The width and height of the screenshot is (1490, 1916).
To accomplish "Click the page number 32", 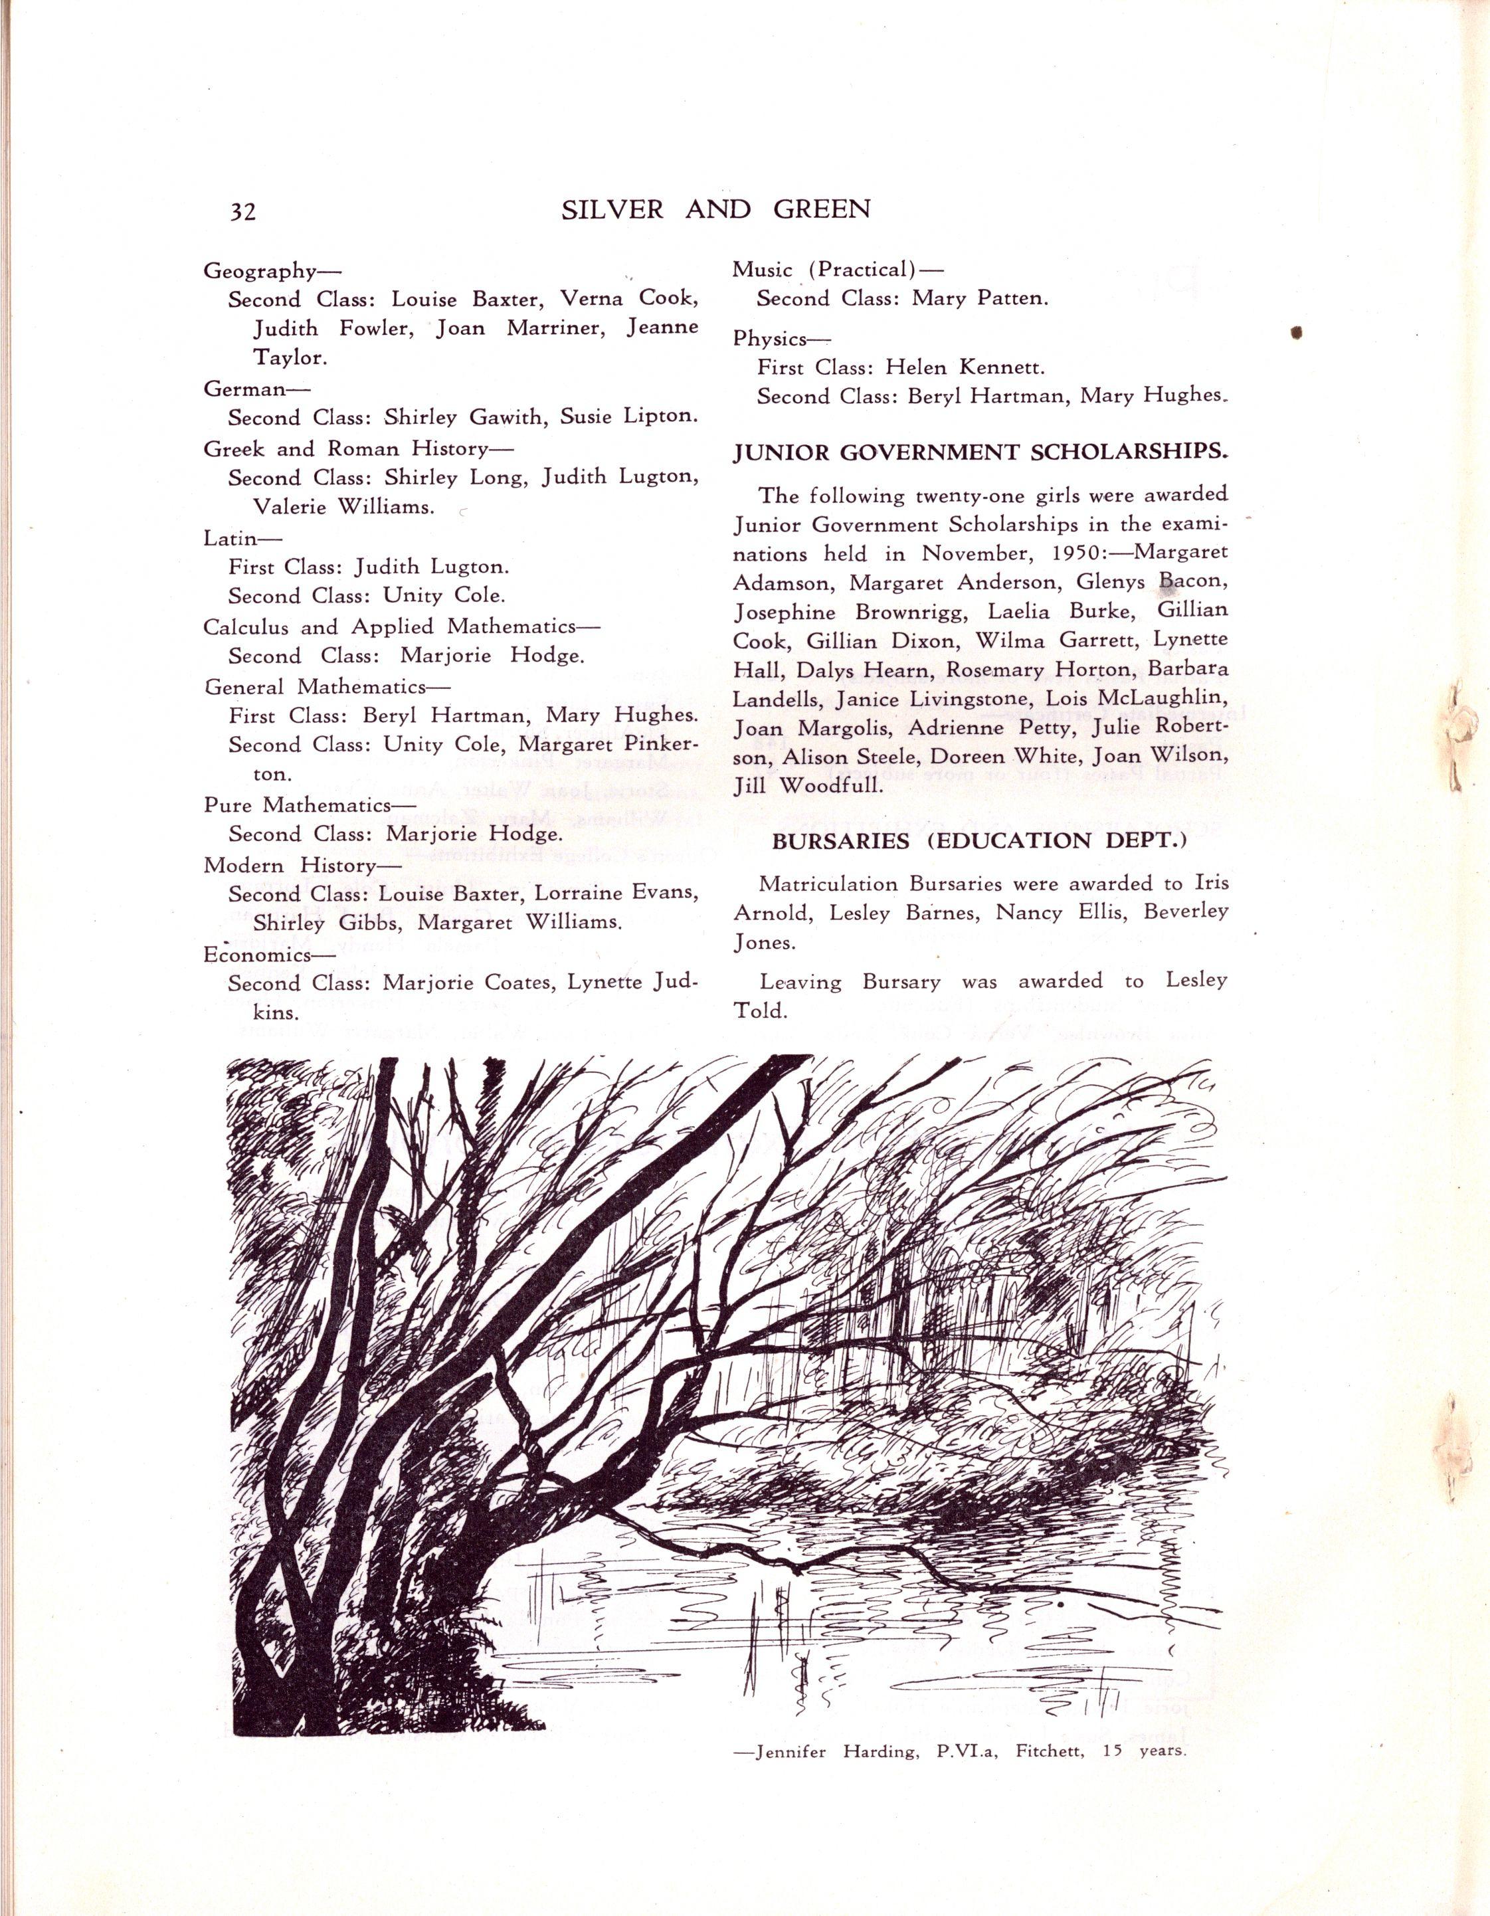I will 242,211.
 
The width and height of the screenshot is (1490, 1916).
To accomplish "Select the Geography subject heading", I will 260,270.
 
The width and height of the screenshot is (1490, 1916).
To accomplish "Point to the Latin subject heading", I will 231,537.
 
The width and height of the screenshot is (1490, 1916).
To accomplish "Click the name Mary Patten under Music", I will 980,298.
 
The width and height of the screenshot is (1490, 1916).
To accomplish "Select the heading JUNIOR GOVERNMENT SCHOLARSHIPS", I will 980,452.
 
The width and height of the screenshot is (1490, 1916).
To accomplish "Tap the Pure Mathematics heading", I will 298,805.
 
